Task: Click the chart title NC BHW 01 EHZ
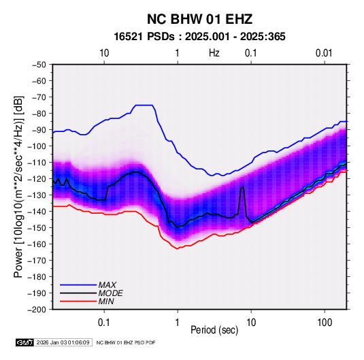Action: click(x=199, y=19)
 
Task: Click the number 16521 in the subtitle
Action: click(x=128, y=37)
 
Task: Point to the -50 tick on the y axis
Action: click(x=39, y=65)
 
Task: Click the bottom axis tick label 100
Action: click(x=325, y=323)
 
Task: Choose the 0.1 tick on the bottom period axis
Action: click(x=104, y=323)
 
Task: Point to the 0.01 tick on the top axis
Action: click(x=324, y=53)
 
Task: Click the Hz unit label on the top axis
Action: click(x=214, y=53)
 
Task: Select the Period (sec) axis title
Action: click(x=214, y=330)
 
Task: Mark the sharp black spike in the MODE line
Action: click(x=243, y=187)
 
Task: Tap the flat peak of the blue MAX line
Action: click(x=144, y=105)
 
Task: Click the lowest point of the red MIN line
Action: click(x=178, y=249)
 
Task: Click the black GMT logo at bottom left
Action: click(x=25, y=342)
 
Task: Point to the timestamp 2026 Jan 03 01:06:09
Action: click(x=63, y=342)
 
